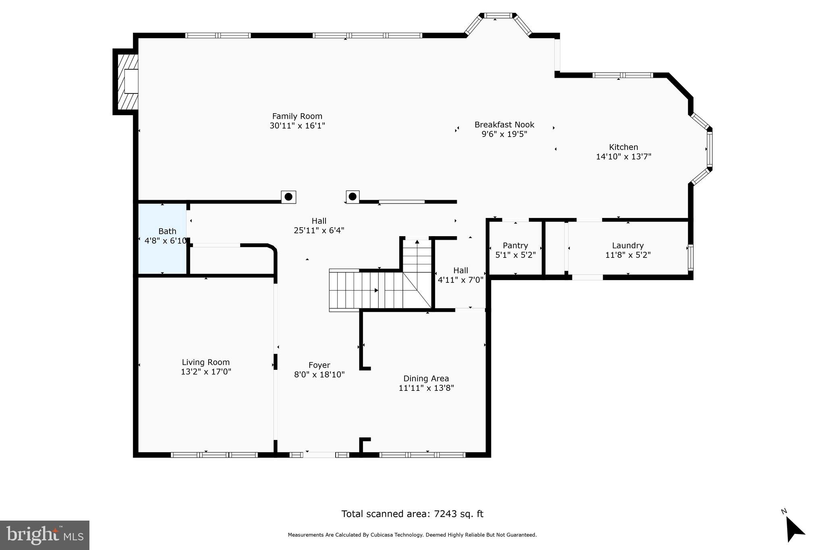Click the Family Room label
pos(297,116)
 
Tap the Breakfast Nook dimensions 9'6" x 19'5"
pos(504,134)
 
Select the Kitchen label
pos(623,147)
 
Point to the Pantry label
pos(515,245)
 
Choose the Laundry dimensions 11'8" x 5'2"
pos(628,255)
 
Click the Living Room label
pos(205,362)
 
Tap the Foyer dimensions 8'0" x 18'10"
pos(319,375)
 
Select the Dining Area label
pos(426,378)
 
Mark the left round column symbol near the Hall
pos(288,197)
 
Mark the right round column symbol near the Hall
pos(352,197)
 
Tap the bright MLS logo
pos(45,535)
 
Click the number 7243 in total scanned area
pos(447,514)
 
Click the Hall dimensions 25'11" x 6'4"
pos(319,230)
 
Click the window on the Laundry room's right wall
pos(690,257)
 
